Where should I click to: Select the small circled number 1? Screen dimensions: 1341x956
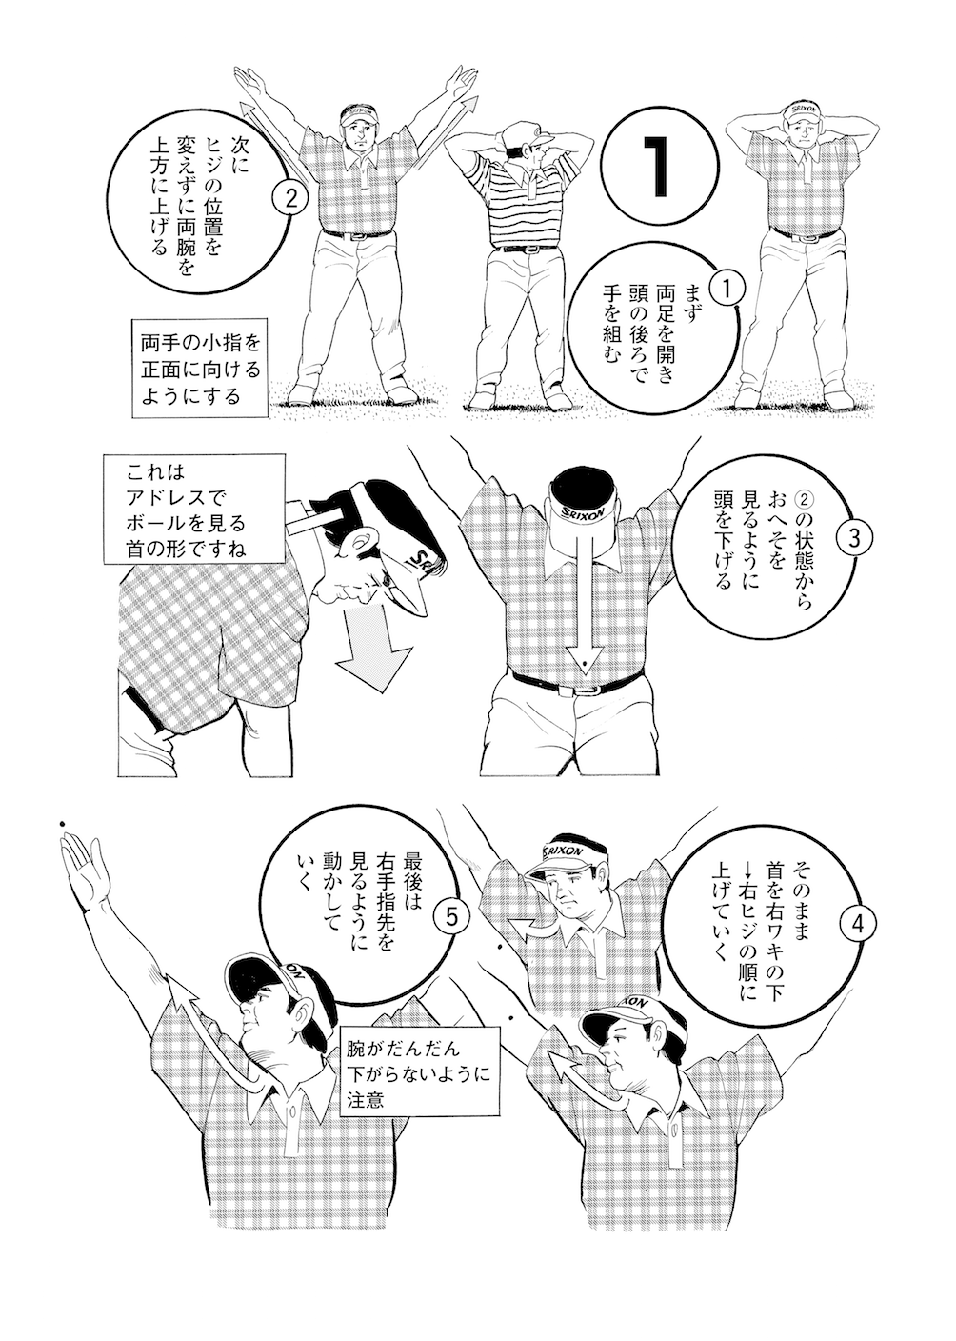pyautogui.click(x=726, y=287)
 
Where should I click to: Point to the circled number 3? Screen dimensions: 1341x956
pyautogui.click(x=852, y=536)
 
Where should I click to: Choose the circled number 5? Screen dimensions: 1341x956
pyautogui.click(x=450, y=916)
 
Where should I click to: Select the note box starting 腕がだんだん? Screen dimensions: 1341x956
pyautogui.click(x=419, y=1072)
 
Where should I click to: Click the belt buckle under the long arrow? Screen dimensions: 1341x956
pyautogui.click(x=586, y=683)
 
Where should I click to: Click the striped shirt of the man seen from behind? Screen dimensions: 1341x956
pyautogui.click(x=521, y=210)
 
